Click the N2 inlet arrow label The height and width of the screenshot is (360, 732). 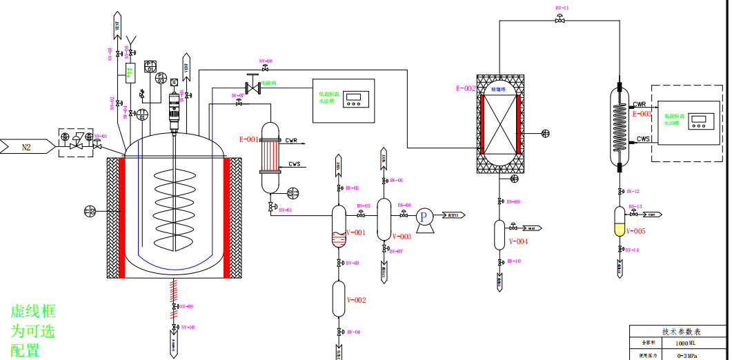[27, 146]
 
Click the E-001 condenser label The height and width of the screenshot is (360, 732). [249, 139]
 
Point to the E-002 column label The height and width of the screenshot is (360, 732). [466, 88]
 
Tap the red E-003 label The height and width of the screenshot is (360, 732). [642, 114]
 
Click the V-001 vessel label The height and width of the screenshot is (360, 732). [356, 232]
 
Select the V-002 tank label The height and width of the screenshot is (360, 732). [356, 300]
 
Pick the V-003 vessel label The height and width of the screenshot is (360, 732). [402, 237]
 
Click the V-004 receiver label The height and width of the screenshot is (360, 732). [518, 241]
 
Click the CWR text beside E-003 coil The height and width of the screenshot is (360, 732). [640, 104]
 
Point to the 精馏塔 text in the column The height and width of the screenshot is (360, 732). [498, 89]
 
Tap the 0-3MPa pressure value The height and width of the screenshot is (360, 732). [688, 355]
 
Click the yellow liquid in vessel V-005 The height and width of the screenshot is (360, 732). [620, 230]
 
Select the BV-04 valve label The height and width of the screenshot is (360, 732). [353, 332]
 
